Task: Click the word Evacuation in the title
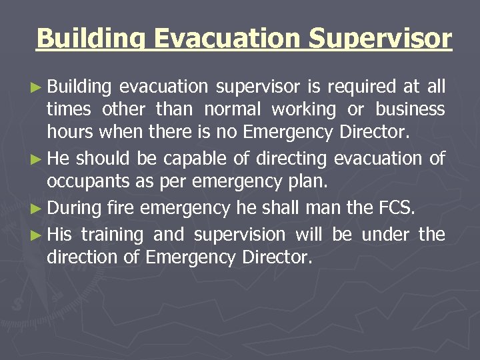click(227, 39)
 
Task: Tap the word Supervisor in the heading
click(380, 39)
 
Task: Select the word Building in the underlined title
click(92, 39)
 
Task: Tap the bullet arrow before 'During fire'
click(37, 209)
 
